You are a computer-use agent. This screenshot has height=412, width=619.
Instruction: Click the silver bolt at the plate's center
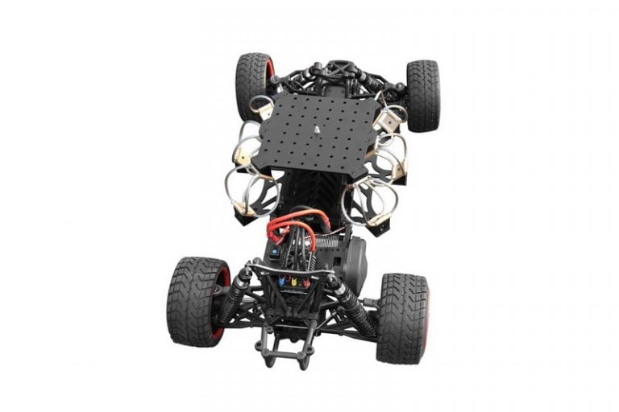(x=317, y=129)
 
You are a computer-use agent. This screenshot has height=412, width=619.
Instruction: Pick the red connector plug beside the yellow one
(x=305, y=283)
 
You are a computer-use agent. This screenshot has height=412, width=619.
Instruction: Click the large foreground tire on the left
(x=193, y=301)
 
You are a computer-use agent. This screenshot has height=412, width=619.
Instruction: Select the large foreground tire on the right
(x=401, y=317)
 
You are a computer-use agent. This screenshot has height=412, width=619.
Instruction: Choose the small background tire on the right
(x=422, y=94)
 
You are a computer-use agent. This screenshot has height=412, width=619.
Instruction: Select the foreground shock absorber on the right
(x=353, y=307)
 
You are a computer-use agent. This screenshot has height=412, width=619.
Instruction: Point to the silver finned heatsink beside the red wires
(x=326, y=241)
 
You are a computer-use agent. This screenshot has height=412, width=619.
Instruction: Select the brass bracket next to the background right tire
(x=389, y=121)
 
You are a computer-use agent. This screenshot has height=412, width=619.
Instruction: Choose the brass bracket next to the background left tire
(x=264, y=109)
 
